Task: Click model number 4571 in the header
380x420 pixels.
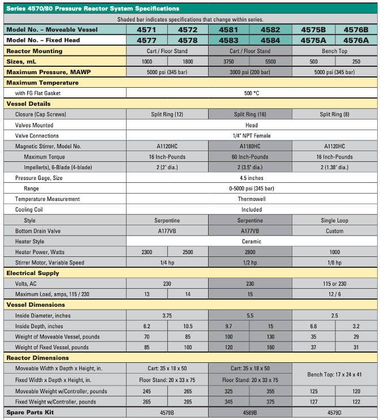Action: tap(146, 29)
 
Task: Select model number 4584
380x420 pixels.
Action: tap(270, 40)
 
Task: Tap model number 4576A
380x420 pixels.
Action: tap(356, 40)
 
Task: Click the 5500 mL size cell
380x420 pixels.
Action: tap(270, 61)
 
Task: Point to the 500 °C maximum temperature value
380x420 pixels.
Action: tap(252, 93)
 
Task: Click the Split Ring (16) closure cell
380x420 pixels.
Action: tap(250, 114)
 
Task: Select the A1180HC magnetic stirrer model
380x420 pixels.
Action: tap(250, 146)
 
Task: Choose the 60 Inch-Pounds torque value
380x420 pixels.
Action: tap(250, 157)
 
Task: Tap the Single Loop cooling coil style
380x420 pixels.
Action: tap(334, 220)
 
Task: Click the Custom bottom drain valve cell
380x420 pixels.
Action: tap(334, 231)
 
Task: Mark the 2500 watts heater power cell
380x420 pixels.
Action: tap(188, 252)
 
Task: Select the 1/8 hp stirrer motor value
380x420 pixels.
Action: tap(334, 263)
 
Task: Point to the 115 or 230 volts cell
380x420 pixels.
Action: tap(334, 284)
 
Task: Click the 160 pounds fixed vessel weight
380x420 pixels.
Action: tap(270, 347)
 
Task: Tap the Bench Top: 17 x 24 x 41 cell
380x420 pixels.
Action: tap(334, 374)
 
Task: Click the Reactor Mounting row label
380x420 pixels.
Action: tap(34, 51)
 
